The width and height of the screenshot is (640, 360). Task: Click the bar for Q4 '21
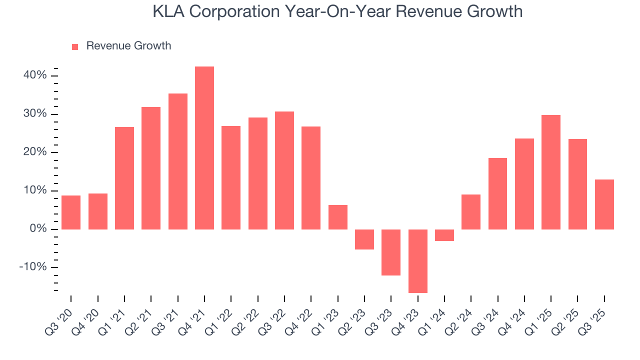click(204, 148)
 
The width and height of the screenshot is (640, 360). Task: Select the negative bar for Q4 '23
click(418, 261)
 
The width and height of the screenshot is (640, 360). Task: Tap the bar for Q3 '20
click(71, 212)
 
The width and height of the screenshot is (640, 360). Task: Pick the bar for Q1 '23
click(338, 217)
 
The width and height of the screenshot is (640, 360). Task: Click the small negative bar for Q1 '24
click(444, 235)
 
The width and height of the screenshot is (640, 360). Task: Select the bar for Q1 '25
click(551, 172)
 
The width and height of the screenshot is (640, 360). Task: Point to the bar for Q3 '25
click(604, 204)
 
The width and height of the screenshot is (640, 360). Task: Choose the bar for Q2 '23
click(364, 239)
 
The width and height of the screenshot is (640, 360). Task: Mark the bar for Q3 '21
click(178, 161)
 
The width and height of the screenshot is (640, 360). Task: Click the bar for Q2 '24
click(471, 212)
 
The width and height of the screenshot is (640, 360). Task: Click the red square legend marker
click(75, 46)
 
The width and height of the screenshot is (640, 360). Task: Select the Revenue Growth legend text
click(128, 46)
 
